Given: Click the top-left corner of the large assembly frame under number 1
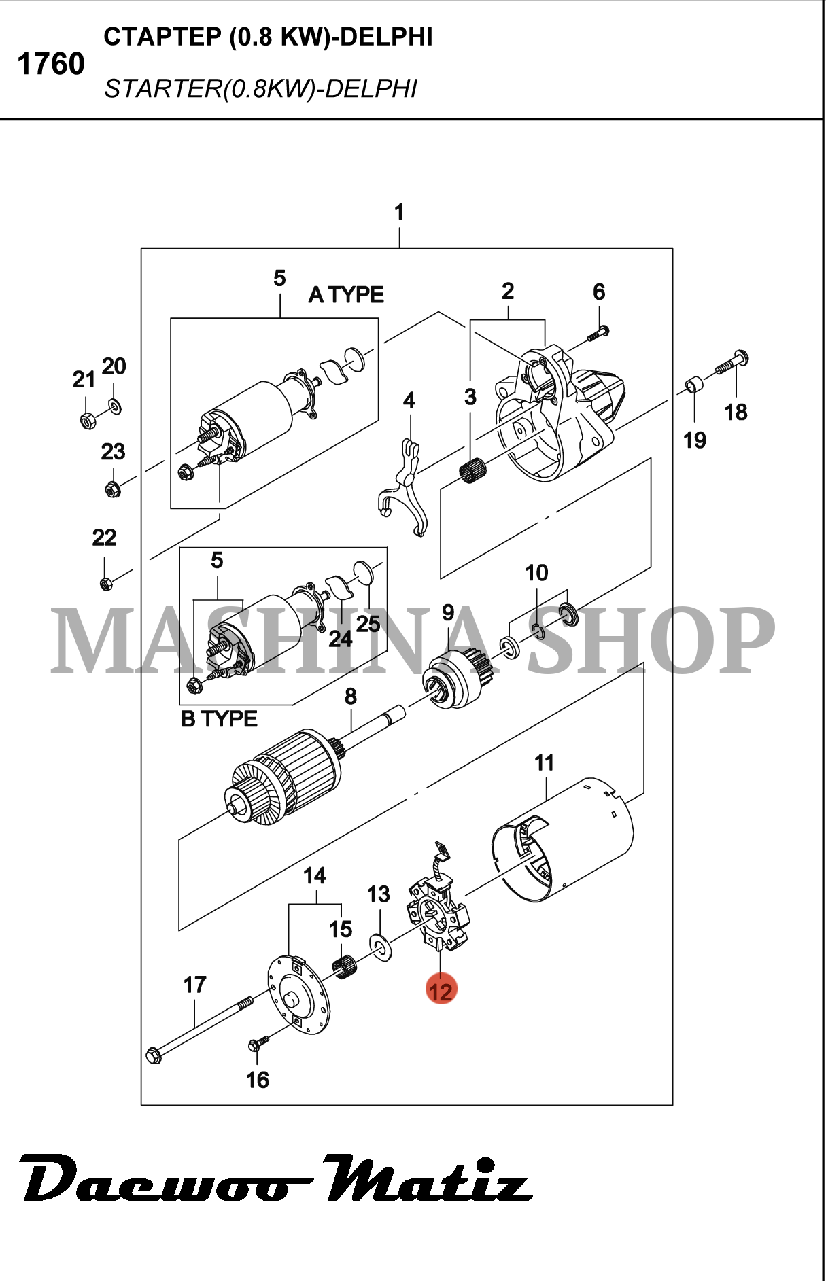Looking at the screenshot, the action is (x=141, y=249).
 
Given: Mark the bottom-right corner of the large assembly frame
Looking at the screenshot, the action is (x=672, y=1104).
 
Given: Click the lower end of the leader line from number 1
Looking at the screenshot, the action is (x=400, y=248).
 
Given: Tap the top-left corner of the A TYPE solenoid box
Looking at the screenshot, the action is (x=171, y=318).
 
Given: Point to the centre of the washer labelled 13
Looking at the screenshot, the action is (x=380, y=945).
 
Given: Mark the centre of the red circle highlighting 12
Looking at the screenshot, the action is (x=441, y=990).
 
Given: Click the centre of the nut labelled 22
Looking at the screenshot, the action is (x=105, y=583).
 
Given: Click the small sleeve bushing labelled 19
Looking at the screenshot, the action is (x=693, y=385).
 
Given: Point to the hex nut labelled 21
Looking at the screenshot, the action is (x=87, y=421).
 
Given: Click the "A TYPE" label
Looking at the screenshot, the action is (x=346, y=295).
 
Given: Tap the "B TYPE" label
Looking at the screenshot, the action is (x=219, y=719).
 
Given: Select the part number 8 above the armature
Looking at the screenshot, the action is (x=351, y=697).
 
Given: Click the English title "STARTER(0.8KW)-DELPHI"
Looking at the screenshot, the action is (x=260, y=89).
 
